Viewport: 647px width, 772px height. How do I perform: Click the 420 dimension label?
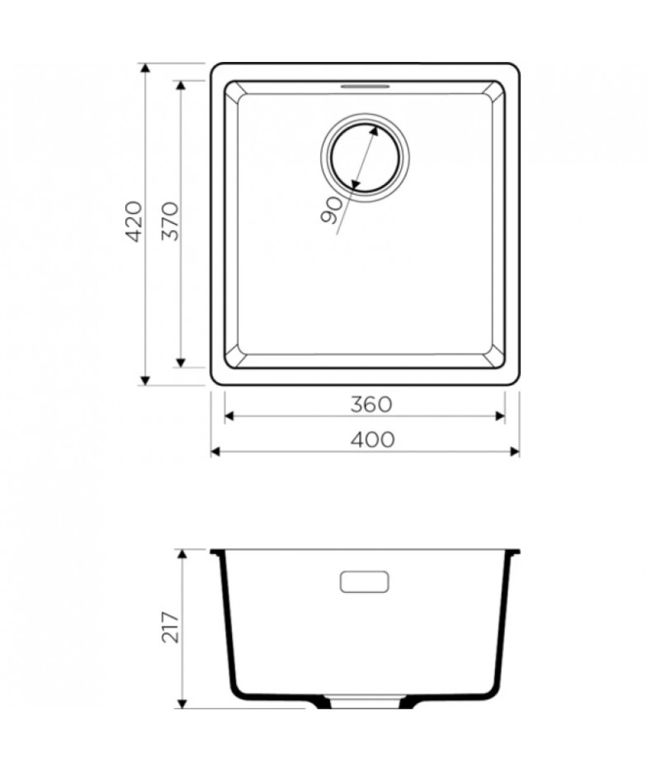(x=135, y=221)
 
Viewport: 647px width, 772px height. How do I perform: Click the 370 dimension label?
(x=170, y=221)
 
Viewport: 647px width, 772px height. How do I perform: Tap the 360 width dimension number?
(x=371, y=405)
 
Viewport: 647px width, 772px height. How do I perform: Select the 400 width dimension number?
(x=372, y=439)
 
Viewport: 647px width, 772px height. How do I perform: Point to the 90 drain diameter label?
(x=332, y=211)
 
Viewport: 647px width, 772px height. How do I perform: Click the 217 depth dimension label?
(x=170, y=628)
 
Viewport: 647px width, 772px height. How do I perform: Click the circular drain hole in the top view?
(x=365, y=158)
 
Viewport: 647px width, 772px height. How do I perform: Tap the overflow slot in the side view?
(x=365, y=581)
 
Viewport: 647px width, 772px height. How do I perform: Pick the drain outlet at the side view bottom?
(x=365, y=701)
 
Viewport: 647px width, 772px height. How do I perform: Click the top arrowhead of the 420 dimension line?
(x=144, y=68)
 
